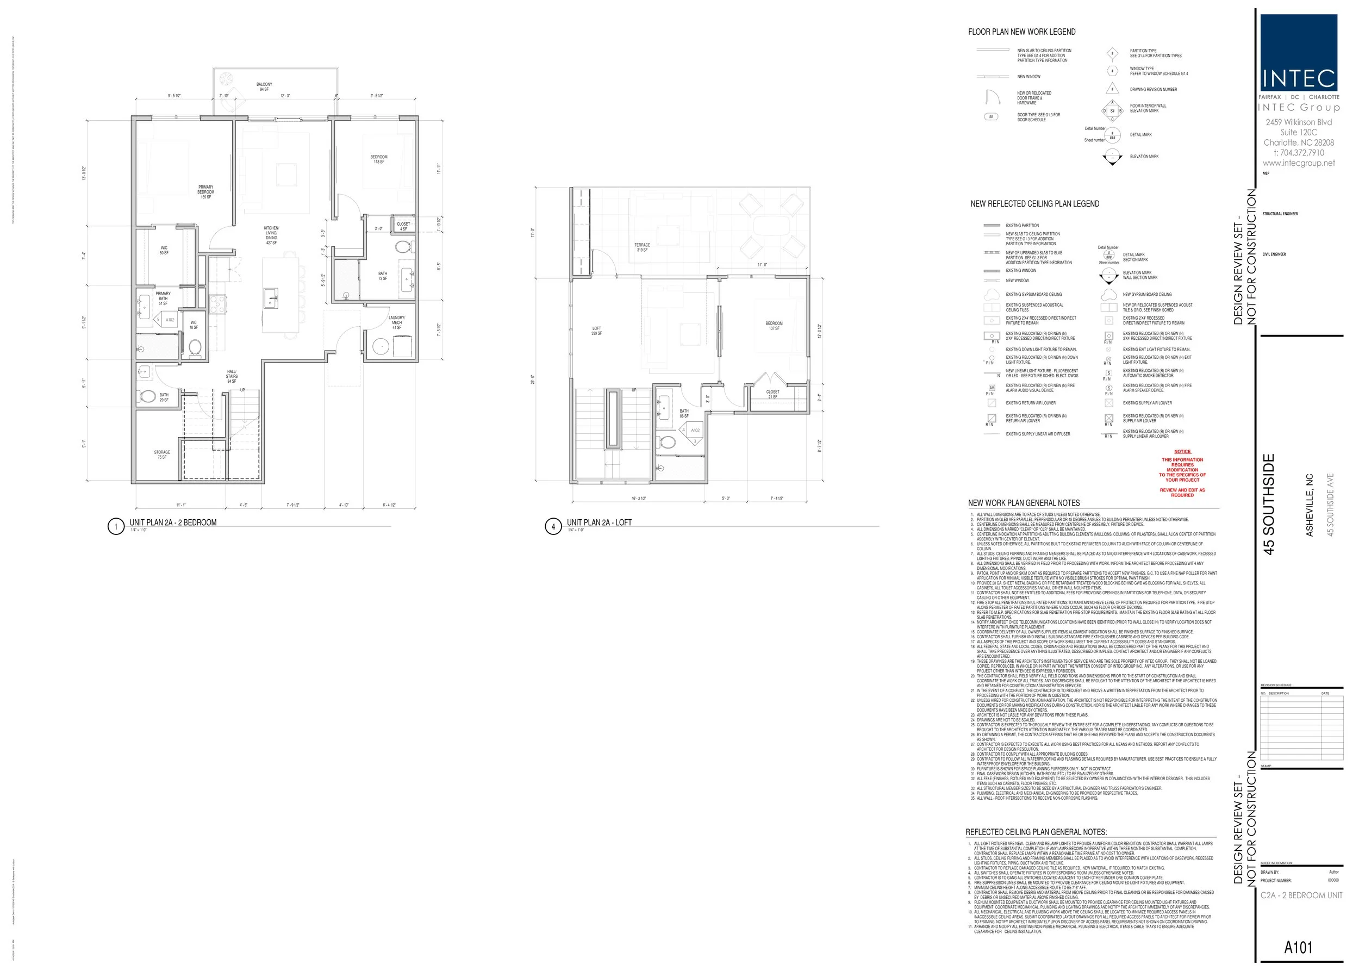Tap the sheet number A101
(x=1298, y=947)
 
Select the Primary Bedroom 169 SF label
(x=205, y=192)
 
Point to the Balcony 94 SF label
(x=264, y=86)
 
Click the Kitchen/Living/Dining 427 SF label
(x=271, y=235)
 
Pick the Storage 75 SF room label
(x=162, y=455)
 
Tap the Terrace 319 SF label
(x=642, y=247)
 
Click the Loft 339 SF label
(x=597, y=331)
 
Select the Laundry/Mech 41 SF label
(x=397, y=322)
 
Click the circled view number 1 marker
(x=115, y=526)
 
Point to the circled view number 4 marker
(x=553, y=526)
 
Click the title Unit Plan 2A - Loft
(x=599, y=522)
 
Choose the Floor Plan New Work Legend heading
(x=1022, y=32)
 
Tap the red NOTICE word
(x=1182, y=451)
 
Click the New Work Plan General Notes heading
(x=1024, y=503)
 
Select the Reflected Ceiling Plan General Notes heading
(x=1036, y=832)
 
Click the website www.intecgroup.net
(x=1299, y=163)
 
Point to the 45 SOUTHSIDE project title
(x=1269, y=504)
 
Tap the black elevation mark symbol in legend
(x=1112, y=157)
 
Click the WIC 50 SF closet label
(x=164, y=250)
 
